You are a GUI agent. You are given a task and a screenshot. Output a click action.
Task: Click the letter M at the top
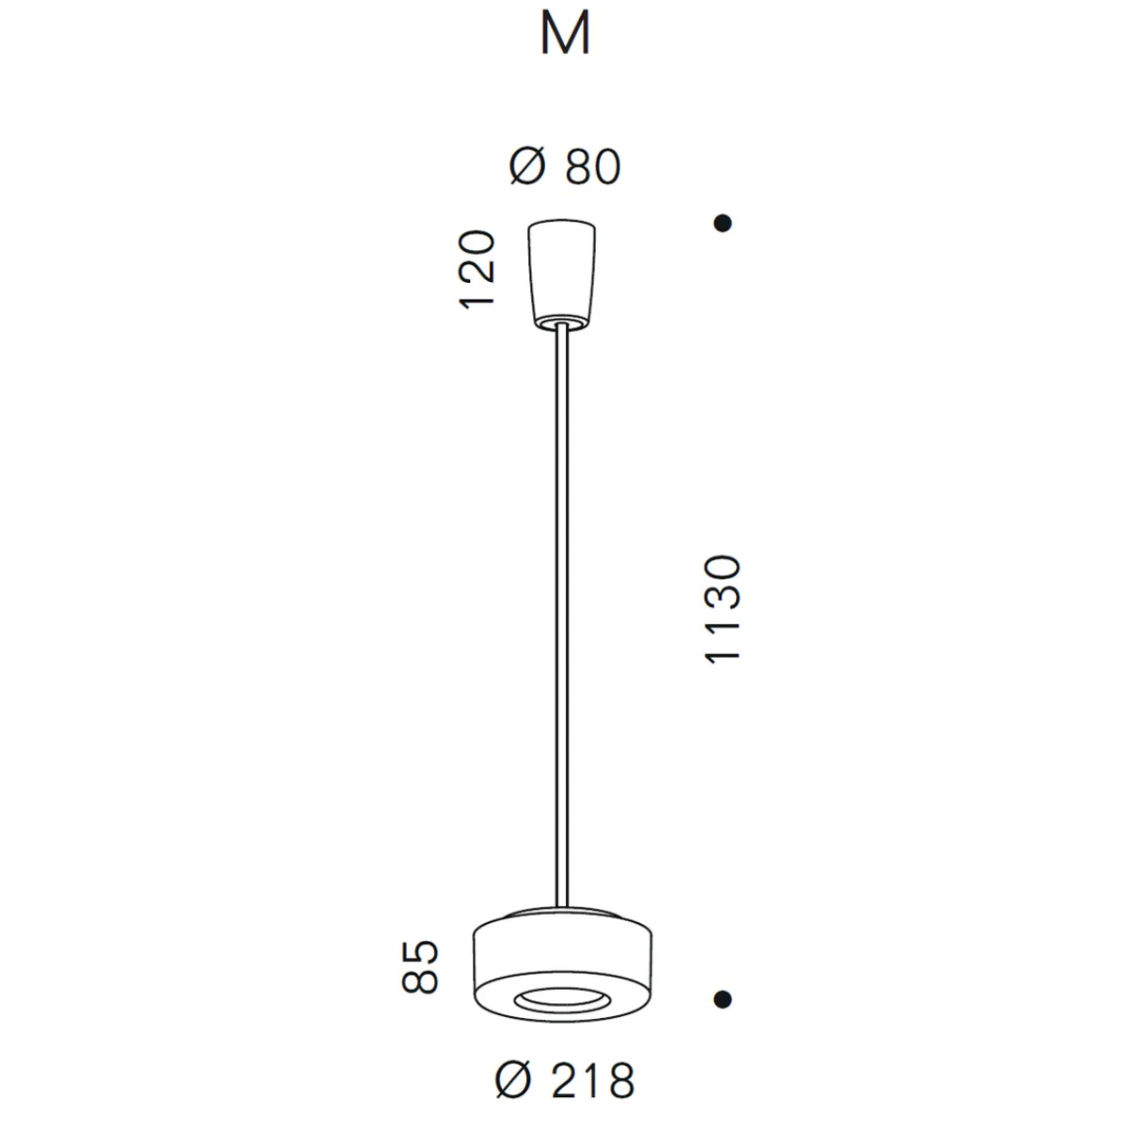click(565, 36)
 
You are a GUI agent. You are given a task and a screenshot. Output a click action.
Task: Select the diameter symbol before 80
click(527, 167)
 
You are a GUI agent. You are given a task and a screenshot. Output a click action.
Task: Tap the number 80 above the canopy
click(593, 167)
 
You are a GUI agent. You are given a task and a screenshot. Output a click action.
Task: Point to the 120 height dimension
click(477, 269)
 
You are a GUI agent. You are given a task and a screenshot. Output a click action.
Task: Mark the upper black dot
click(723, 224)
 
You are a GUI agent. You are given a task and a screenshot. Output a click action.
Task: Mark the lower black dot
click(723, 998)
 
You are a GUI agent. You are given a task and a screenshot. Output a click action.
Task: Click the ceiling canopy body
click(561, 273)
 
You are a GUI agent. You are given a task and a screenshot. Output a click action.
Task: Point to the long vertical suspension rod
click(561, 611)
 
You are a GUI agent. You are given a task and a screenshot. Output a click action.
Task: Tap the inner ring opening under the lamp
click(561, 999)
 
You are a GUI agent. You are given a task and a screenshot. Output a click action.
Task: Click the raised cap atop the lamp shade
click(561, 914)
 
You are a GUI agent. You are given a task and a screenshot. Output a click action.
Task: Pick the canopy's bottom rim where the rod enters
click(561, 323)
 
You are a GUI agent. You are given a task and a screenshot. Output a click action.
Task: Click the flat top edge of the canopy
click(561, 224)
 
